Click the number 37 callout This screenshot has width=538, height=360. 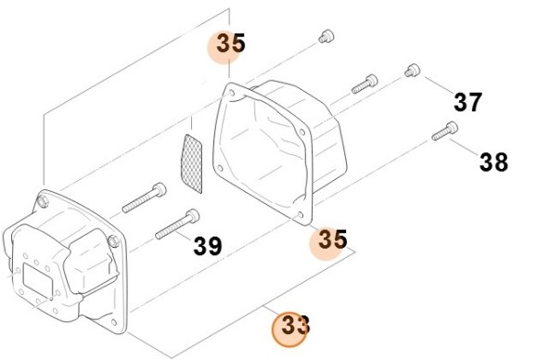click(x=468, y=102)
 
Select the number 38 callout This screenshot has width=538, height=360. click(x=493, y=161)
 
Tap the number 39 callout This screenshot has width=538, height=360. click(x=208, y=246)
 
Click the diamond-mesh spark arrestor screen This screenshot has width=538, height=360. click(x=191, y=163)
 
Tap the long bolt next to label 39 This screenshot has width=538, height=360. click(x=177, y=224)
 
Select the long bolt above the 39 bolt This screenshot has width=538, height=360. click(x=144, y=198)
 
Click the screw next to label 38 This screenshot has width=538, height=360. click(x=444, y=131)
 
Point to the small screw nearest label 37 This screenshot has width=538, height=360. click(x=412, y=71)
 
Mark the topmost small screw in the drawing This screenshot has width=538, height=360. click(x=327, y=36)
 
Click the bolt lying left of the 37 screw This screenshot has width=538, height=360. click(x=365, y=84)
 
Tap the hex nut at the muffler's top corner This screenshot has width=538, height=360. click(x=43, y=201)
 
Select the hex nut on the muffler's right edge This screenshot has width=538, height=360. click(x=113, y=240)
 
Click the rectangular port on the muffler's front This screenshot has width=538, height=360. click(x=38, y=279)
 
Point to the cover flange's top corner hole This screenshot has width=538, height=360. click(x=232, y=93)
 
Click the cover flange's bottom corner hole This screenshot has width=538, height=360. click(x=301, y=215)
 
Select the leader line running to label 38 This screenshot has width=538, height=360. click(x=465, y=147)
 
